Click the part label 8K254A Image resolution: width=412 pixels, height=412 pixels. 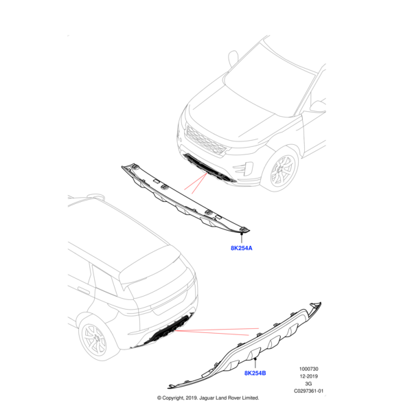click(242, 248)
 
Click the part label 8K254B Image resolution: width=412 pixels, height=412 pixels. click(255, 373)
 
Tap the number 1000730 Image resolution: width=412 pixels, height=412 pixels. click(309, 369)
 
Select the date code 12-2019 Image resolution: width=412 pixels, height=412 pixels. click(309, 376)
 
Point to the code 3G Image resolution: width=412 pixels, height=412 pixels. click(308, 384)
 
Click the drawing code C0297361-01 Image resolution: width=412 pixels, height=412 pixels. click(309, 391)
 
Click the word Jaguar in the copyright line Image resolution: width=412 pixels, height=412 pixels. click(207, 398)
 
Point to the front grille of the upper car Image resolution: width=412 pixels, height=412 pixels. click(206, 141)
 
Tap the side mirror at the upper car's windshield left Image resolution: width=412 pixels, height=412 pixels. click(233, 58)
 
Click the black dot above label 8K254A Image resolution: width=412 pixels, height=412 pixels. click(242, 233)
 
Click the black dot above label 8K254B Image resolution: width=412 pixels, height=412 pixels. click(255, 358)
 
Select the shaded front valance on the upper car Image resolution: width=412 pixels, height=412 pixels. click(209, 169)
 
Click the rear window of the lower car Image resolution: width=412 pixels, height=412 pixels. click(158, 282)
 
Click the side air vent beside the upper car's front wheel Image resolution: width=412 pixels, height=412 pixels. click(244, 168)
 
